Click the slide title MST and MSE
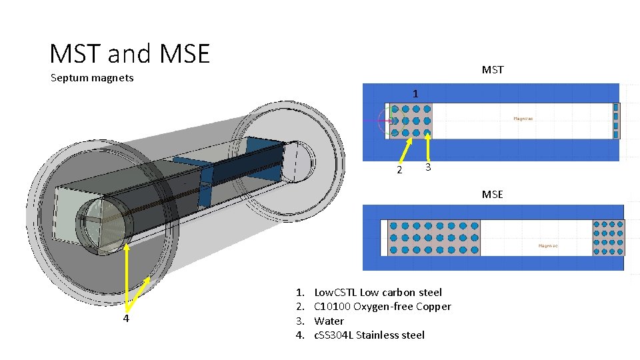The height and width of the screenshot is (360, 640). [x=130, y=53]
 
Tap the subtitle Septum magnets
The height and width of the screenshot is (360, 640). [x=92, y=78]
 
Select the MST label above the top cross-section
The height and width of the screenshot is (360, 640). [x=493, y=69]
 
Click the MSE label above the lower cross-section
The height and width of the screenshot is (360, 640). [x=493, y=194]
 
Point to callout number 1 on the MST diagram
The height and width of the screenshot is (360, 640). [x=415, y=94]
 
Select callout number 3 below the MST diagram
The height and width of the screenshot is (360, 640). [x=429, y=167]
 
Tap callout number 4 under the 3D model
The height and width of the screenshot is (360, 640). [x=125, y=318]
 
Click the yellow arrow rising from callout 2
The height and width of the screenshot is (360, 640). [x=403, y=148]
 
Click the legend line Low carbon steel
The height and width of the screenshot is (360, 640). [x=377, y=292]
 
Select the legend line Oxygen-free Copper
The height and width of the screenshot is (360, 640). [x=382, y=307]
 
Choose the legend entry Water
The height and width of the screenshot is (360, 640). [x=329, y=321]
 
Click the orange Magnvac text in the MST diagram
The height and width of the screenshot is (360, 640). [x=523, y=119]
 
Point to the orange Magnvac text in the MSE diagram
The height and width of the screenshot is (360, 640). [x=548, y=245]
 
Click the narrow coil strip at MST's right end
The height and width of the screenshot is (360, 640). [x=616, y=121]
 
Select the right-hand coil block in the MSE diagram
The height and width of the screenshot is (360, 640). [x=609, y=237]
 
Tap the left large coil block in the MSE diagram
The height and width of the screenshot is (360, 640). [x=434, y=237]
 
